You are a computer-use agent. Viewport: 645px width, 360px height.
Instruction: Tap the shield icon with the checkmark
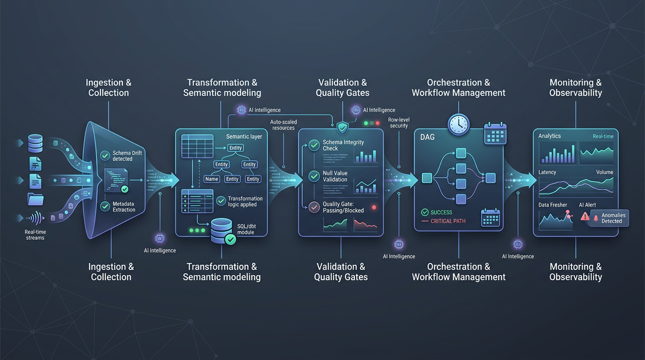[x=343, y=127]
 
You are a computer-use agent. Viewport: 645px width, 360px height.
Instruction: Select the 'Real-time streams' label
[x=35, y=235]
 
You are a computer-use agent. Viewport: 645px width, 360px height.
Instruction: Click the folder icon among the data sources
[x=35, y=199]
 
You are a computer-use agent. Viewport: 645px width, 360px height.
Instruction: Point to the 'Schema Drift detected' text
[x=122, y=156]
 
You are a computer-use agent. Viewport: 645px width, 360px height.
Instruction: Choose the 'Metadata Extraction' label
[x=124, y=207]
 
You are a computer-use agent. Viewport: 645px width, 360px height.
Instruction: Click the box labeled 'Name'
[x=212, y=179]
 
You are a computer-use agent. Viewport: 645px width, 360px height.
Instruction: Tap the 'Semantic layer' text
[x=244, y=136]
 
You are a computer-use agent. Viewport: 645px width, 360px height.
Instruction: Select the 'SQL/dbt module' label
[x=246, y=230]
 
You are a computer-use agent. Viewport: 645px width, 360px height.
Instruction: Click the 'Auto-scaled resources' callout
[x=283, y=125]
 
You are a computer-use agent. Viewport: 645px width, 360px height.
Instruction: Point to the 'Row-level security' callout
[x=398, y=123]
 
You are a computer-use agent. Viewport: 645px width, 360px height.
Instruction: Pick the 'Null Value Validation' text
[x=335, y=176]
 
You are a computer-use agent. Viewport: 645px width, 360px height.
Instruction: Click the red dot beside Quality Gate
[x=374, y=207]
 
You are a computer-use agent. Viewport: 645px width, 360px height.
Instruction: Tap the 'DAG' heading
[x=427, y=137]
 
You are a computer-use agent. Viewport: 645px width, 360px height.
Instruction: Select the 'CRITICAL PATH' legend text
[x=448, y=221]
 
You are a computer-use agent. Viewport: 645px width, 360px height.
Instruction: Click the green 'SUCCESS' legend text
[x=441, y=212]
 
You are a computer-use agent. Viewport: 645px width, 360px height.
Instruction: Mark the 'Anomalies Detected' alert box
[x=608, y=218]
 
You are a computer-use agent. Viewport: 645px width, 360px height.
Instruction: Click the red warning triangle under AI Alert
[x=585, y=216]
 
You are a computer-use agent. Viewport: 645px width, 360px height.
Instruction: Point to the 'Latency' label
[x=547, y=172]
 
